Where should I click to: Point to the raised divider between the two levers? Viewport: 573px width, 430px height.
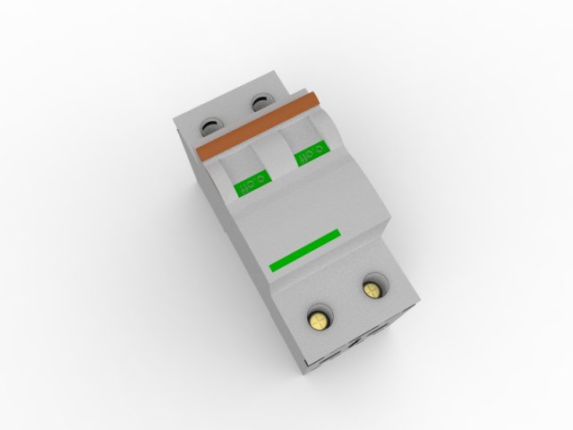[273, 152]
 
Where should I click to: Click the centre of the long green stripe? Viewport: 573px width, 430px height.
[304, 250]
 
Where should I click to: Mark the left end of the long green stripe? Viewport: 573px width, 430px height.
[271, 268]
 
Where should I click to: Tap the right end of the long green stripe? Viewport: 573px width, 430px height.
[338, 234]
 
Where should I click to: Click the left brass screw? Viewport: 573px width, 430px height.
[319, 317]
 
